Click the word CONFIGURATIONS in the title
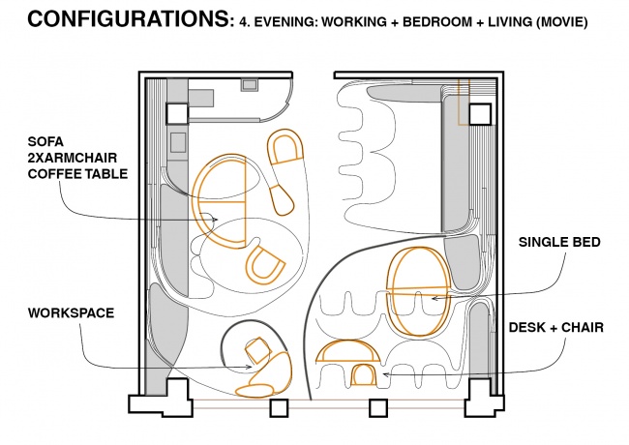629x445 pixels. coord(129,18)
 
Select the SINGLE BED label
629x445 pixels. coord(559,242)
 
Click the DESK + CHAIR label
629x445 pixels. coord(556,328)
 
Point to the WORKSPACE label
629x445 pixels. coord(71,313)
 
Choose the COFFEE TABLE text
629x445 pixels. coord(77,174)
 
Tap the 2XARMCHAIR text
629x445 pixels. coord(73,158)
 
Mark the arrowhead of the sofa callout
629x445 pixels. coord(216,220)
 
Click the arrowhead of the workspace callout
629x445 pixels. coord(250,367)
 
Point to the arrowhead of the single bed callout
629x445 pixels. coord(434,298)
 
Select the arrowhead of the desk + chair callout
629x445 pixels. coord(385,374)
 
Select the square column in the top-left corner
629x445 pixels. coord(177,113)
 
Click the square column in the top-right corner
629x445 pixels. coord(480,114)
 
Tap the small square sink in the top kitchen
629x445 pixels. coord(249,85)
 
